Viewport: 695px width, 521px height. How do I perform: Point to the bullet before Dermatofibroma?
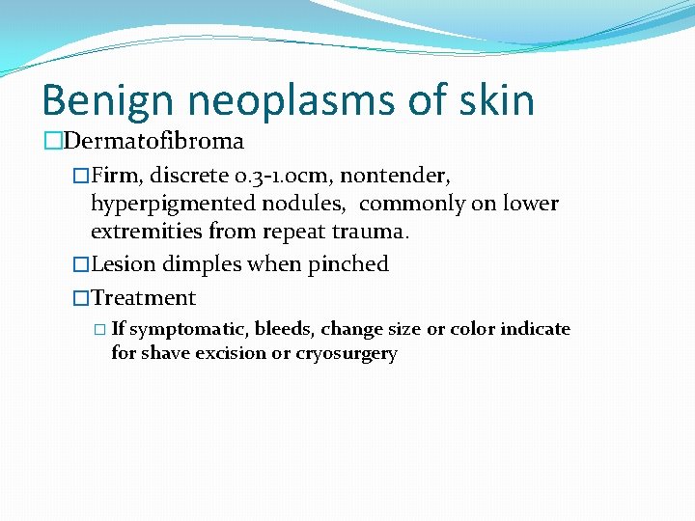[x=52, y=141]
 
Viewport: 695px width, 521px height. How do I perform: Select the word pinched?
[x=348, y=264]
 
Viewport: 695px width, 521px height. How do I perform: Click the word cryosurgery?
[x=347, y=354]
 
